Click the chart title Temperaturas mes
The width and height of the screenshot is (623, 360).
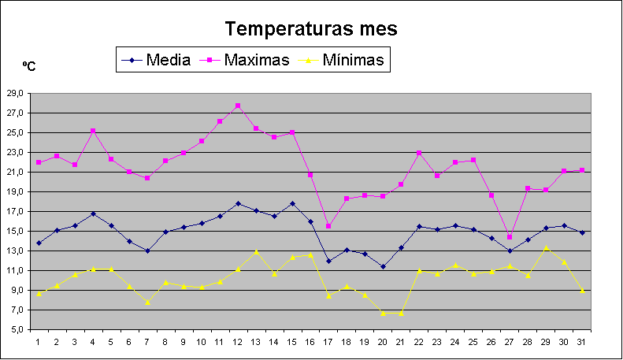tap(311, 29)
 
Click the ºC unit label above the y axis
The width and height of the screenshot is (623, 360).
tap(28, 67)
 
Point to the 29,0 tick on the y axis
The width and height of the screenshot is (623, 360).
tap(14, 93)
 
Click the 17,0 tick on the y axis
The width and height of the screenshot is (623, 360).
tap(14, 211)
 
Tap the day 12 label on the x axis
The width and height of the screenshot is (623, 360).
tap(238, 342)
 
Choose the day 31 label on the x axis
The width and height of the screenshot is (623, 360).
tap(580, 342)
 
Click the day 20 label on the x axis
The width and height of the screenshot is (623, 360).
tap(382, 342)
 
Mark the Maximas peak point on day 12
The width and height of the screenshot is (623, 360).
tap(238, 106)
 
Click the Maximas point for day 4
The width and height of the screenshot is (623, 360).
tap(93, 131)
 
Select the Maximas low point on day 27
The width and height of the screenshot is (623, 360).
tap(509, 236)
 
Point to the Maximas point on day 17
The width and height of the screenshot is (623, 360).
tap(328, 226)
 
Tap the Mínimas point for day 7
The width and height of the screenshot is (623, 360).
tap(147, 302)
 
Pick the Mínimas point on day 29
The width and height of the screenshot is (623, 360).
tap(545, 248)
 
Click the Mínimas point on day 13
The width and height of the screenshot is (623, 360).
tap(256, 251)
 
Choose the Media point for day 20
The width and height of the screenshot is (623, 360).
tap(383, 266)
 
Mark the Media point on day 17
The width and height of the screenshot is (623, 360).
tap(328, 261)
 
